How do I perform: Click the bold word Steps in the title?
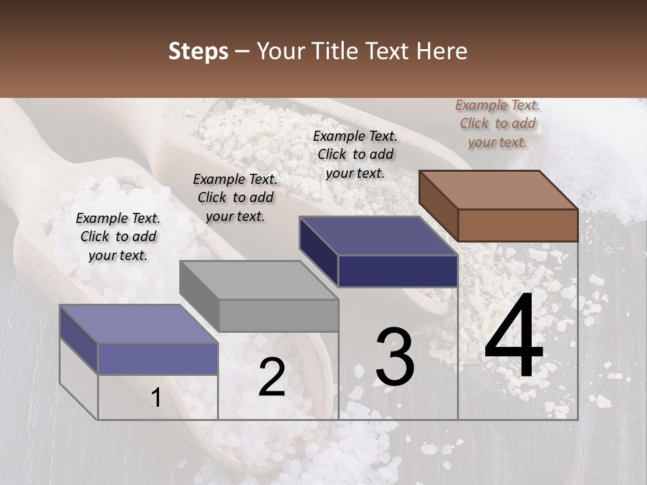point(198,51)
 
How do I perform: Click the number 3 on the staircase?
point(395,357)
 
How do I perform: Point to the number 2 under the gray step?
point(272,377)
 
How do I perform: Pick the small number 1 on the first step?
point(156,397)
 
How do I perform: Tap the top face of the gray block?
point(259,279)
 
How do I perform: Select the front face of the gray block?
point(278,315)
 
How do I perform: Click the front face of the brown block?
point(518,225)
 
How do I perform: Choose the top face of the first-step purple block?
point(139,323)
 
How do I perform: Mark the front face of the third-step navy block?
point(398,271)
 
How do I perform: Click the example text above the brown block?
point(497,123)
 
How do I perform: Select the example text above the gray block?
point(235,197)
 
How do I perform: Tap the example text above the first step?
point(118,236)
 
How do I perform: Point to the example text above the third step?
point(355,154)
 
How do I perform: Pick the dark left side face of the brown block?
point(438,205)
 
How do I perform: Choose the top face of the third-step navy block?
point(379,236)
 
